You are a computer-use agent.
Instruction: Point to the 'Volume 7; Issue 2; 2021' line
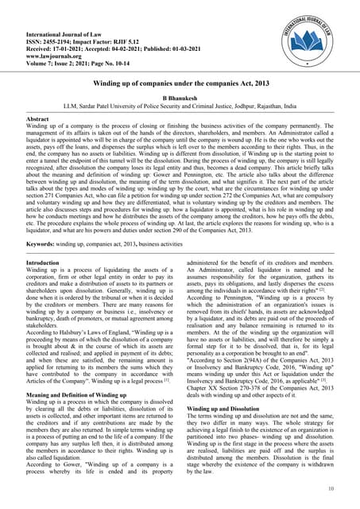tap(71, 49)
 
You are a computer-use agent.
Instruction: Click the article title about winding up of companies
tap(180, 83)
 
